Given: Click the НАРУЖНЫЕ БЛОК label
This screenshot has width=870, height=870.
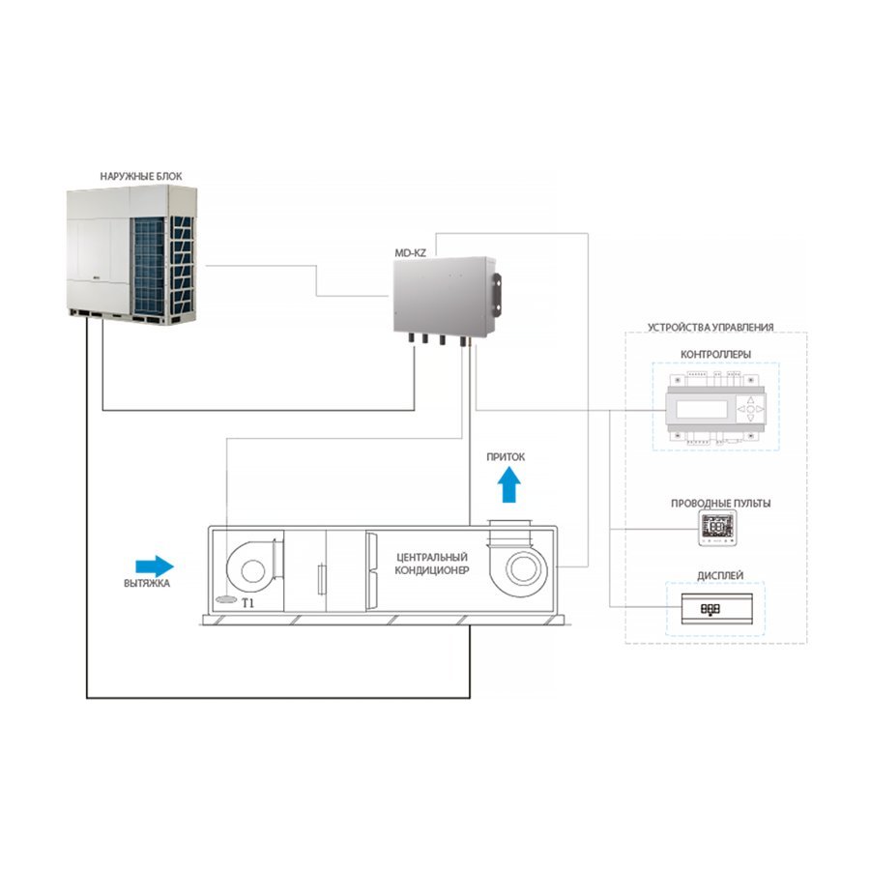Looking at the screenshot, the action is click(141, 177).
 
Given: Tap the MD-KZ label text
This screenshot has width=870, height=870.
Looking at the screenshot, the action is click(410, 253).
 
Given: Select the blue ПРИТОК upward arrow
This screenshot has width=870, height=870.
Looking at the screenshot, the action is click(509, 484).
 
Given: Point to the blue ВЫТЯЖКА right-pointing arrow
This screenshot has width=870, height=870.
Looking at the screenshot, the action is click(155, 565).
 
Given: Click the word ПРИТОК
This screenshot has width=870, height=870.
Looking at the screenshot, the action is click(506, 457).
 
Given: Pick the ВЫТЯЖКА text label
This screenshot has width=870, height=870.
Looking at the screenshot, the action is click(147, 584).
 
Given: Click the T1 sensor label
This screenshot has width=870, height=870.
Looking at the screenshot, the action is click(248, 603).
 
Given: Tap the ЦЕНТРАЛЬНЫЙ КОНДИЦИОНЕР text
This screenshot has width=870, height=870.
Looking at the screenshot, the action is click(432, 564).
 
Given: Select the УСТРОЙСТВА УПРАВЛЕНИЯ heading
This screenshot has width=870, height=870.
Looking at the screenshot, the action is click(710, 328).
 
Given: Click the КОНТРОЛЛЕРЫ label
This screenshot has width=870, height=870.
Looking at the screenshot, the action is click(715, 354).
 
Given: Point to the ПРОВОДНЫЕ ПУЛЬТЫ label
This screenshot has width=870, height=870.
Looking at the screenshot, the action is click(721, 504).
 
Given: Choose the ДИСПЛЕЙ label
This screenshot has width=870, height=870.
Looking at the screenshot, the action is click(720, 576).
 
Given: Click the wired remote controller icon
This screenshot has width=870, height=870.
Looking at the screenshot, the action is click(717, 528).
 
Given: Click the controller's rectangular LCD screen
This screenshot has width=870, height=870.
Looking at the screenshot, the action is click(702, 409).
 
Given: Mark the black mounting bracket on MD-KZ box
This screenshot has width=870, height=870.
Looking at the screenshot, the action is click(496, 293).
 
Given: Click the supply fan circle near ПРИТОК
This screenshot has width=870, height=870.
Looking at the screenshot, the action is click(522, 568).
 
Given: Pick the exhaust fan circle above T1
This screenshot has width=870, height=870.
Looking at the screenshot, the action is click(252, 571).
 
